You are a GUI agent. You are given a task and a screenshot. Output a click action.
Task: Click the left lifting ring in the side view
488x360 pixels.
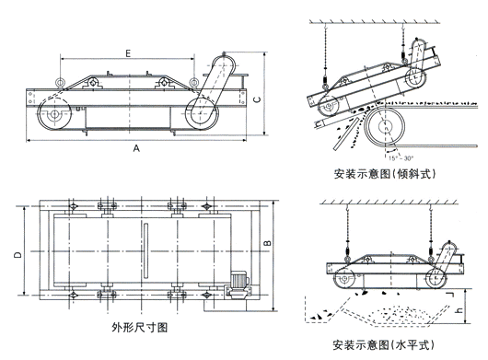point(60,84)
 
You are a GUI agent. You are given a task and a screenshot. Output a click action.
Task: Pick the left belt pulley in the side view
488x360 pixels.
point(52,116)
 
